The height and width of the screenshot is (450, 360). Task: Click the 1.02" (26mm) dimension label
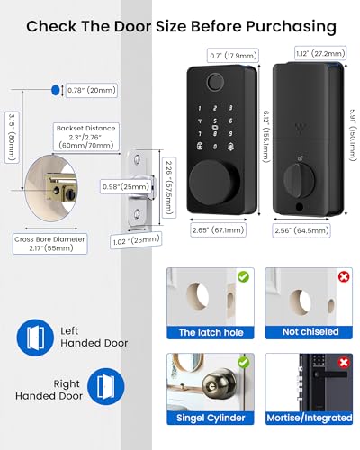(130, 240)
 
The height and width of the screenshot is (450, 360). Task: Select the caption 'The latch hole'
(211, 333)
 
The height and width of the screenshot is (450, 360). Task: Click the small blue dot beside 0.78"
(56, 89)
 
